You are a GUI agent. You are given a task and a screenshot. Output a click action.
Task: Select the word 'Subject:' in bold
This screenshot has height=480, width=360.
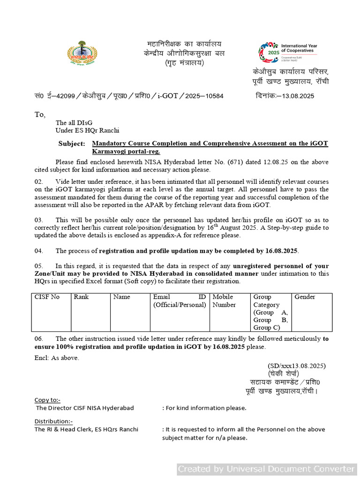click(x=72, y=144)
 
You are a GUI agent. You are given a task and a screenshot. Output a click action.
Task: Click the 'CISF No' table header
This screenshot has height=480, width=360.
click(x=47, y=297)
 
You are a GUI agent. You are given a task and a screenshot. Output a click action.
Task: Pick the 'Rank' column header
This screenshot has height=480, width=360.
click(x=81, y=297)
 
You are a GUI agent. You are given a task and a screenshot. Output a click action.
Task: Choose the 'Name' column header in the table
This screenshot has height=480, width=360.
click(x=121, y=297)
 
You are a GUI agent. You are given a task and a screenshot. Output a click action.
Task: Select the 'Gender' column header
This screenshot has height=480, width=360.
click(x=305, y=297)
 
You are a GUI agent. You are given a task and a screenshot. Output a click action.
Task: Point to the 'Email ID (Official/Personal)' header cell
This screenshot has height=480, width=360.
click(x=180, y=301)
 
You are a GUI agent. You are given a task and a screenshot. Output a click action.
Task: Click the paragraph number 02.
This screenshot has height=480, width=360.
click(x=39, y=181)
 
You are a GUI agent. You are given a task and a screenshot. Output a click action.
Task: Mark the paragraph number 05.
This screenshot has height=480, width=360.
click(x=39, y=266)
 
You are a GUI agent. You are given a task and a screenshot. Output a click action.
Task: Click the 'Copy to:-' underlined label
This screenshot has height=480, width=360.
click(x=47, y=400)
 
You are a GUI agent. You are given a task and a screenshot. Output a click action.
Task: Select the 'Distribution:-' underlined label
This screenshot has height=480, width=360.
click(x=53, y=421)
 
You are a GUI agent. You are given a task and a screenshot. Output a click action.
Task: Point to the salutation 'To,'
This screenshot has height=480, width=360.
click(x=40, y=115)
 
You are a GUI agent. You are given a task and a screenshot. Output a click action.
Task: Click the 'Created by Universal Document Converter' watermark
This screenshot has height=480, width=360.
click(x=267, y=469)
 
